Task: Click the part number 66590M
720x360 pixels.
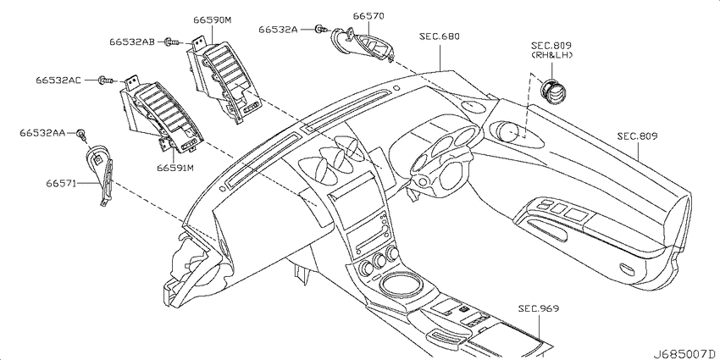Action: pos(212,20)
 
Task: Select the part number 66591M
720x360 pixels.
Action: pos(175,168)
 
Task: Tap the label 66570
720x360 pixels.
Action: pos(368,16)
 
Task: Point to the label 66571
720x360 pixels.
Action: pos(61,183)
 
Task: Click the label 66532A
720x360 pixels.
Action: pos(278,30)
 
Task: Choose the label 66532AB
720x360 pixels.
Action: pos(132,42)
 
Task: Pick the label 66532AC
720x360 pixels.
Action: pos(58,80)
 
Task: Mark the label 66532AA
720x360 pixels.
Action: pos(42,133)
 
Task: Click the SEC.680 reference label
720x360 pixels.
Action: pos(440,36)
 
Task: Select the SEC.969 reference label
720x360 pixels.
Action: pos(539,308)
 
